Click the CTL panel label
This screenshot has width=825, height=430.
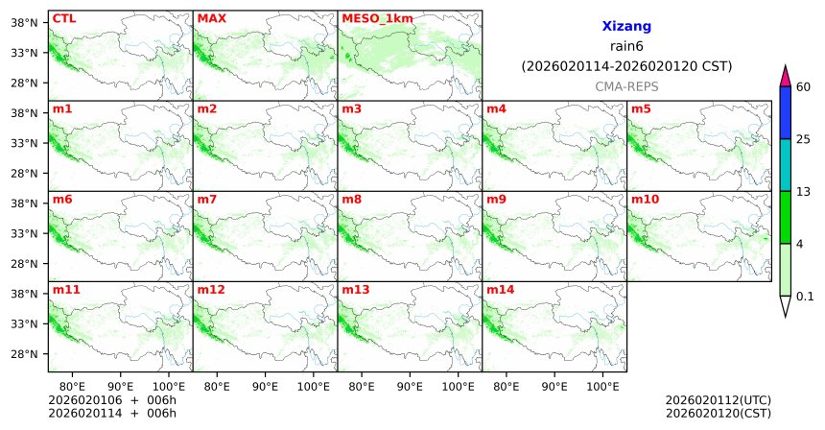(x=63, y=18)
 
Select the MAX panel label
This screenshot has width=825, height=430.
(x=211, y=18)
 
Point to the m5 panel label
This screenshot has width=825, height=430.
(x=640, y=108)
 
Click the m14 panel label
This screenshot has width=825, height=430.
(x=499, y=289)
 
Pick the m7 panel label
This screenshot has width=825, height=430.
(x=206, y=199)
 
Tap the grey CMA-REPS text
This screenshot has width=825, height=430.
(x=626, y=86)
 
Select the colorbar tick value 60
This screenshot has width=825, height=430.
(x=804, y=87)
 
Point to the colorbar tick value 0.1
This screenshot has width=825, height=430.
(x=805, y=296)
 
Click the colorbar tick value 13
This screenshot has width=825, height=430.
(x=804, y=192)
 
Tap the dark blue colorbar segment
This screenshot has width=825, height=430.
(x=785, y=113)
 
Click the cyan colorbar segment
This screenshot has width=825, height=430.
(x=785, y=165)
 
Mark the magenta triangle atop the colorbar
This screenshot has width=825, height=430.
(x=785, y=76)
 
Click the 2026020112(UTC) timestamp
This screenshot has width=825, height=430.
(x=718, y=399)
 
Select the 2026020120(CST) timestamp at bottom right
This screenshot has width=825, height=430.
(x=718, y=413)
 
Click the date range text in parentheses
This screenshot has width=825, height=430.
(x=626, y=66)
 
